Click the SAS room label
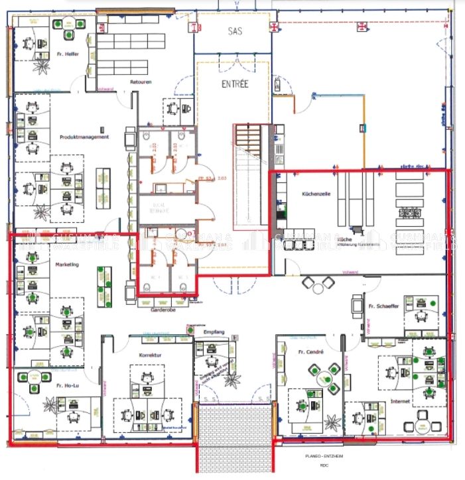click(x=235, y=31)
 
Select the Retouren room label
click(x=141, y=82)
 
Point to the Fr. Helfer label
click(x=73, y=54)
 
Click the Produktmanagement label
click(x=84, y=137)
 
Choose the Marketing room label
click(x=67, y=265)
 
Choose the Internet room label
click(x=400, y=401)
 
